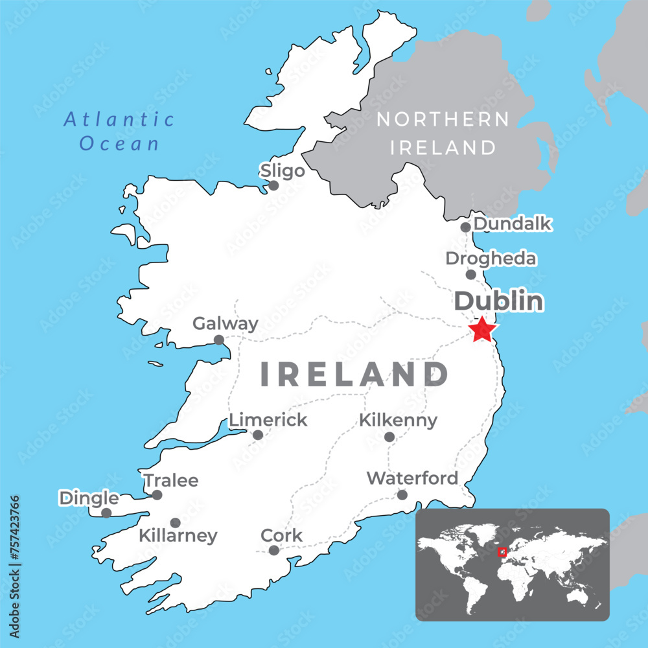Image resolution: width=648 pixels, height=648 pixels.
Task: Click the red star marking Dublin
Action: coord(482,330)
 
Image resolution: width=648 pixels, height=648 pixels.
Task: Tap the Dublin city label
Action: coord(498,301)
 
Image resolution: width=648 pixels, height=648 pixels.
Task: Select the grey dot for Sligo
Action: coord(273,185)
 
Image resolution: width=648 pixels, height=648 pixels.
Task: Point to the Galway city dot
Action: coord(219,340)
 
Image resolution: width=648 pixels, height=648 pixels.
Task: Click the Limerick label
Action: coord(268,420)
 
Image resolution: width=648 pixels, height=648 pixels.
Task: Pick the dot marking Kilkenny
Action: coord(389,437)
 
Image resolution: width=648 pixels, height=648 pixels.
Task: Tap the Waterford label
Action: coord(412,478)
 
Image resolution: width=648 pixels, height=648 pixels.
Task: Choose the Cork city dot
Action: coord(273,550)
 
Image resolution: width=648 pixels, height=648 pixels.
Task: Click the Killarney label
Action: coord(178,537)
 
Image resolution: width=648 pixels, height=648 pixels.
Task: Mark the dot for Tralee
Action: coord(157,495)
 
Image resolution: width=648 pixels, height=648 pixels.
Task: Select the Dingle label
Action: coord(89,498)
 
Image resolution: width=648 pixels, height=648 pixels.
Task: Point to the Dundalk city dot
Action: coord(465,227)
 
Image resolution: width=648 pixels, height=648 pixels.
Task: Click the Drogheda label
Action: coord(491,259)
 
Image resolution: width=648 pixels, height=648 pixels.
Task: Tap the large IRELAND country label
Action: coord(354,375)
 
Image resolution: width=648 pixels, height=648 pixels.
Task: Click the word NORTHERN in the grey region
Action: coord(443,119)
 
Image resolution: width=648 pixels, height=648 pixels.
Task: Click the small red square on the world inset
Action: coord(502,552)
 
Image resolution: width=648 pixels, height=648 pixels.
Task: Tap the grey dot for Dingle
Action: coord(106,513)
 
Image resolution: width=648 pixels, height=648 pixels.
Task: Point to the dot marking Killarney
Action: coord(175,522)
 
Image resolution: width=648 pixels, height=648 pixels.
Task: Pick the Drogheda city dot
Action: coord(471,275)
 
